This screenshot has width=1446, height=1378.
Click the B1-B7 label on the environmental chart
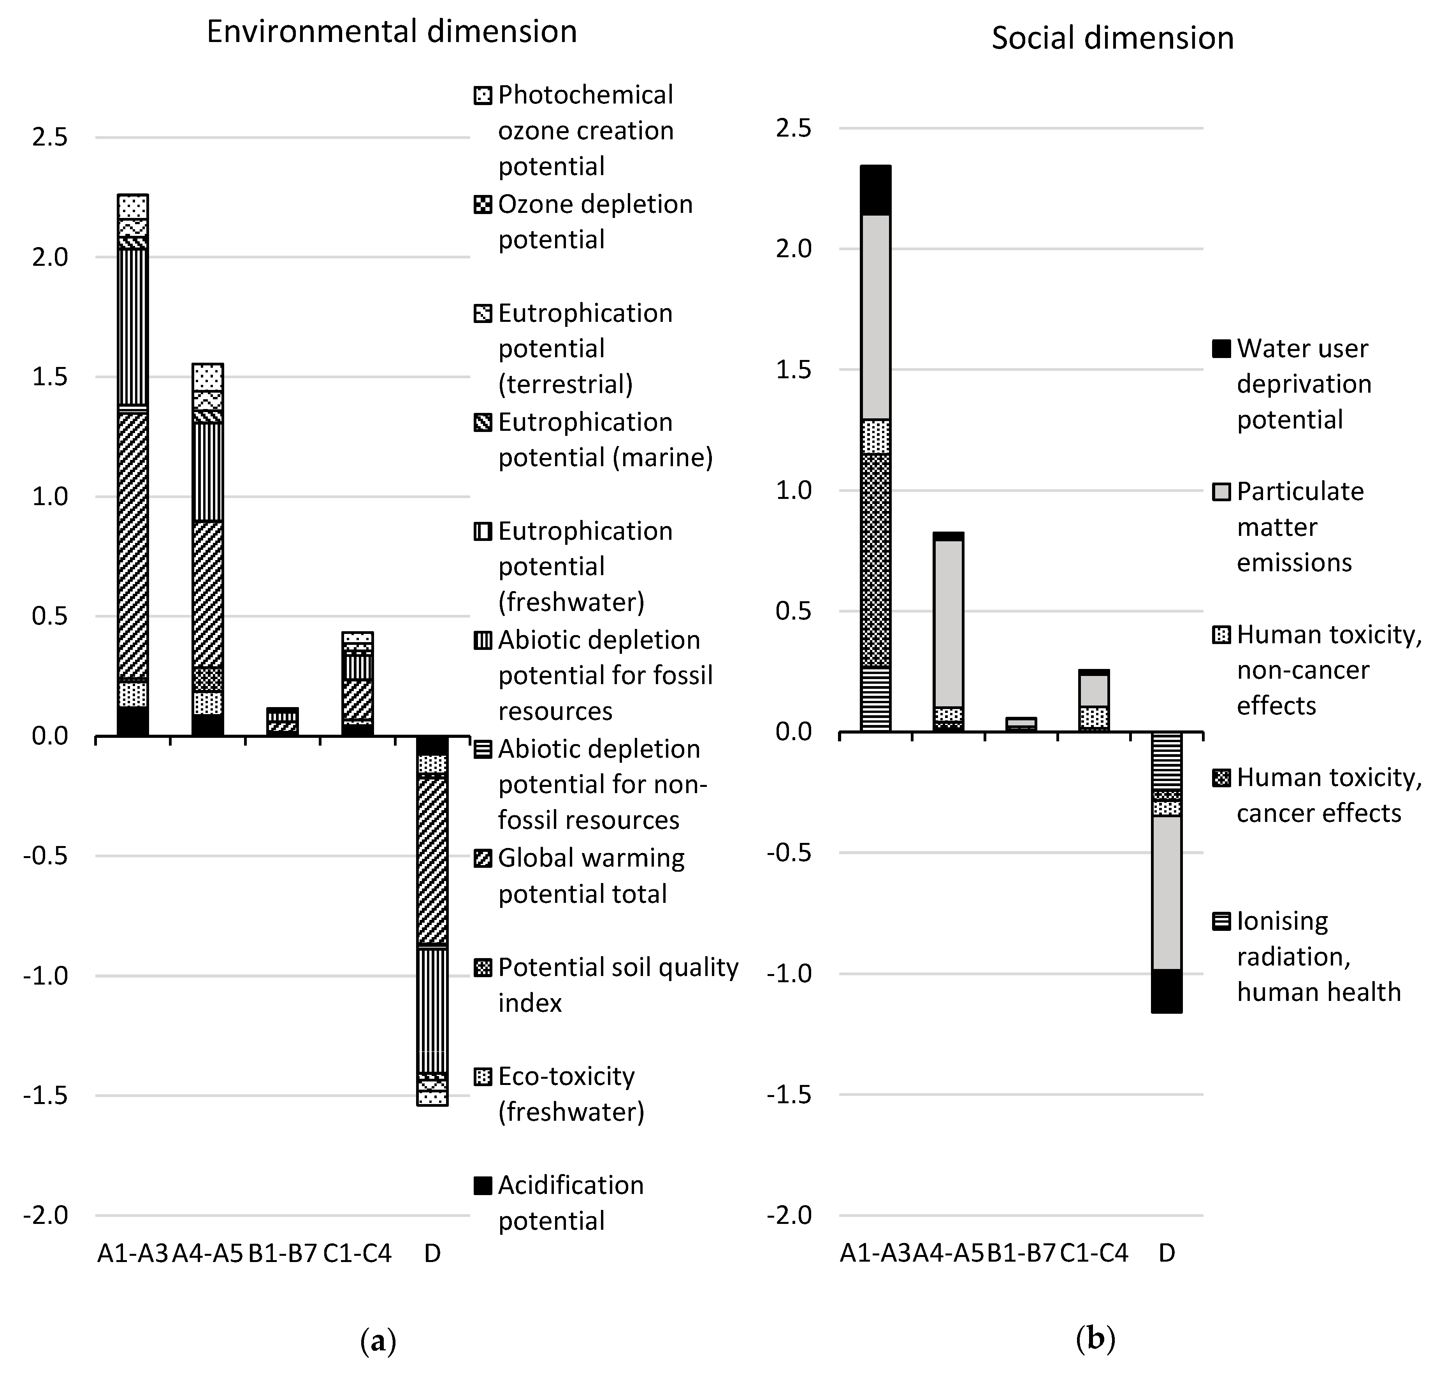coord(282,1252)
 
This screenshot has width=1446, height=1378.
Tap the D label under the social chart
coord(1167,1252)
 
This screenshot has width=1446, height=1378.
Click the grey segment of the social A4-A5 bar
coord(948,624)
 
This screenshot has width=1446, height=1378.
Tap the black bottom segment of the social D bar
coord(1166,991)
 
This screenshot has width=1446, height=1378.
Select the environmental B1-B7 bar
coord(282,721)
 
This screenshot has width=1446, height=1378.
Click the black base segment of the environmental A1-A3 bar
coord(133,721)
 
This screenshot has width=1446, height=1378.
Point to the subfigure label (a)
coord(378,1341)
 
